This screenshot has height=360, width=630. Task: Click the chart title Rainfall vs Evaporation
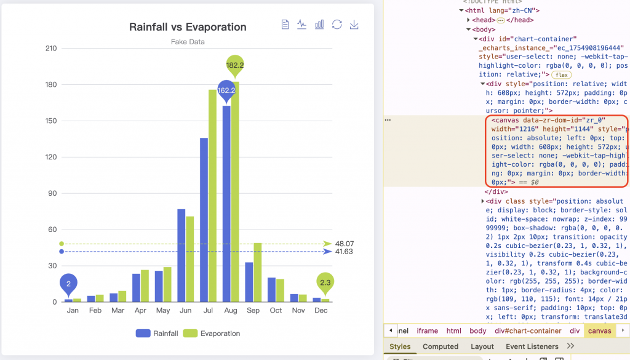(x=188, y=27)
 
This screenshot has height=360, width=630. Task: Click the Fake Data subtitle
(x=188, y=42)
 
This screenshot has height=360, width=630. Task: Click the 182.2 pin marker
(x=235, y=65)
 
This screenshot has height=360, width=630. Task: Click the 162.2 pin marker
(x=226, y=90)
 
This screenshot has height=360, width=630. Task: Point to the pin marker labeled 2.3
(x=325, y=282)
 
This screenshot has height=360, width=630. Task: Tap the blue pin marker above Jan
(x=68, y=284)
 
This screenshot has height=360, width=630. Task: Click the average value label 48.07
(x=344, y=244)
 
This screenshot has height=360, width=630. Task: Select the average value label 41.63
(x=344, y=252)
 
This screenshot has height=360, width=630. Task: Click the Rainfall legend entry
(x=157, y=334)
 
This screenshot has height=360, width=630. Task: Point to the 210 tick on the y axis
(x=51, y=49)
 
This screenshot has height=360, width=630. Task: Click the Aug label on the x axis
(x=231, y=311)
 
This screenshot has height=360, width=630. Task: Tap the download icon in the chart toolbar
(x=354, y=25)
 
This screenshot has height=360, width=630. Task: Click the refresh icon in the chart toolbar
(x=337, y=25)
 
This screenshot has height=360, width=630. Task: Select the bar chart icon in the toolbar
(x=319, y=25)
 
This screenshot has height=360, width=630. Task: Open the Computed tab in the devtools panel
(x=441, y=346)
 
